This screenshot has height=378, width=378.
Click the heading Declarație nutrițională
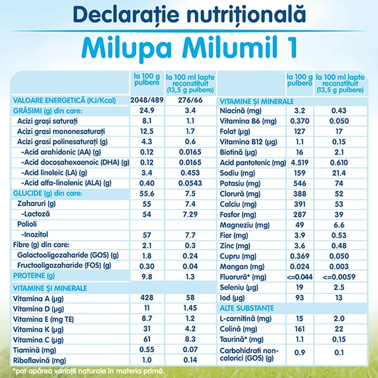point(188,14)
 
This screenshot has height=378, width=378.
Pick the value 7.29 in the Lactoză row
point(191,215)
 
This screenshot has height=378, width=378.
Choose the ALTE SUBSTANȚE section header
point(247,308)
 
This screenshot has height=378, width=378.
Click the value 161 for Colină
point(301,329)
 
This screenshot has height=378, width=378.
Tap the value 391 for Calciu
point(301,204)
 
